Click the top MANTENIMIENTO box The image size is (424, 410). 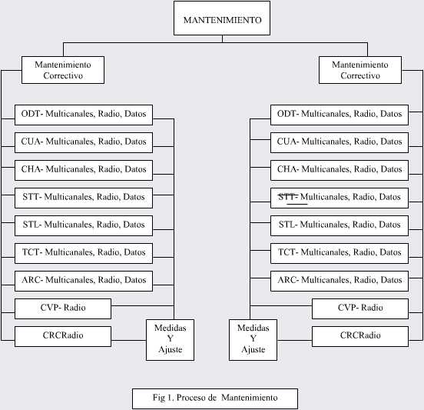tap(222, 18)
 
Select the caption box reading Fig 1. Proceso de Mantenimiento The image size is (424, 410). tap(215, 398)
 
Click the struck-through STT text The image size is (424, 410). tap(288, 197)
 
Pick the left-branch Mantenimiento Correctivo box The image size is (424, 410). tap(63, 70)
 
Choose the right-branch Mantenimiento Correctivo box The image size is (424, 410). tap(360, 70)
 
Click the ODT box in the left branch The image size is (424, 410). tap(84, 115)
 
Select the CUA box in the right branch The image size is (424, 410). tap(340, 143)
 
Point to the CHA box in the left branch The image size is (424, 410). tap(84, 170)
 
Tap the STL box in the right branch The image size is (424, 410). tap(340, 226)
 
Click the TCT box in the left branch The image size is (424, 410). tap(84, 254)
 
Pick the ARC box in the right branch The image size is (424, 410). tap(340, 281)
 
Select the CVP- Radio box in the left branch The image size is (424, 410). tap(63, 308)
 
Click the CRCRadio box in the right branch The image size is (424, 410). tap(360, 337)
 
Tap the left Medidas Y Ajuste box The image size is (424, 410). tap(170, 340)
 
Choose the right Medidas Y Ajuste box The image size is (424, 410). tap(253, 340)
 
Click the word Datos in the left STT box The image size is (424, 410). tap(134, 197)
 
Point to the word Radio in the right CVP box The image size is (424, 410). tap(372, 308)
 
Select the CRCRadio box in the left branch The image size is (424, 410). tap(63, 337)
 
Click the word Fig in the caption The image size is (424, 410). tap(159, 398)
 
